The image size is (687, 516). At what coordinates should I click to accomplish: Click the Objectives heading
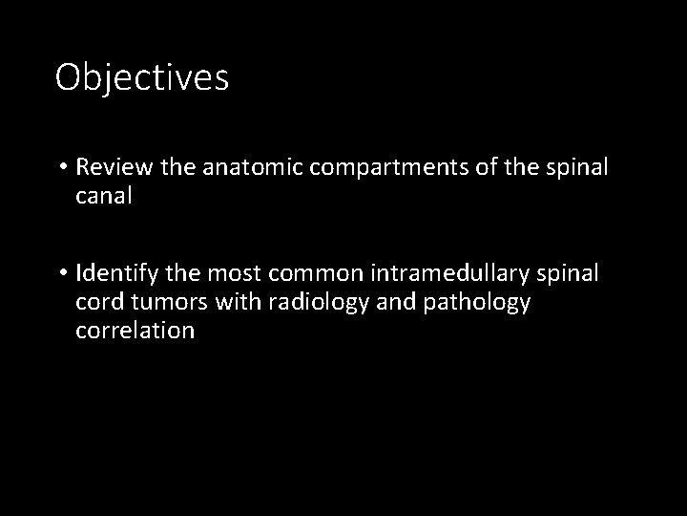click(142, 77)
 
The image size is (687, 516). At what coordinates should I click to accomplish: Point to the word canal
click(105, 197)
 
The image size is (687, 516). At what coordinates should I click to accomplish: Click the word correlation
click(135, 332)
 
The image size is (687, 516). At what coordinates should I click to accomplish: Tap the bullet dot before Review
click(62, 169)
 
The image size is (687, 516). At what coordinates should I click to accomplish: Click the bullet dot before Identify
click(62, 275)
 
